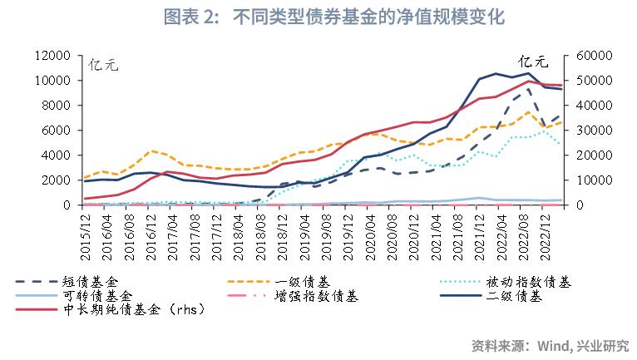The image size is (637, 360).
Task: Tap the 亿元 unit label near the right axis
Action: pyautogui.click(x=535, y=61)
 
